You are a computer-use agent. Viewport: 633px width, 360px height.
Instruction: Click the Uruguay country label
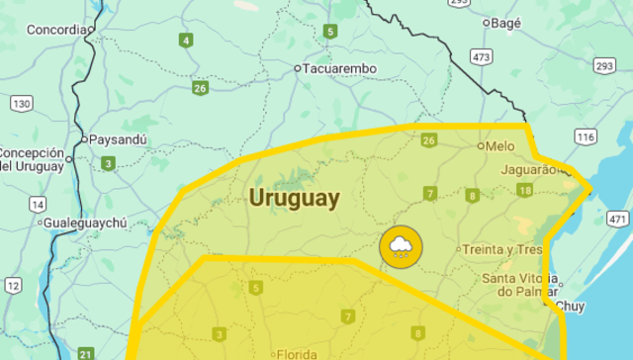pos(294,198)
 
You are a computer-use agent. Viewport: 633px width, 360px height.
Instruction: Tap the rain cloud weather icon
pos(401,247)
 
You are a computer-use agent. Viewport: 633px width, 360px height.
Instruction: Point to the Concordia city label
pos(56,30)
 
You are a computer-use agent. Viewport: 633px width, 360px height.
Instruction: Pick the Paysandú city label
pos(118,139)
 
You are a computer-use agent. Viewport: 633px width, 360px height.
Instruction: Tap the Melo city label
pos(500,145)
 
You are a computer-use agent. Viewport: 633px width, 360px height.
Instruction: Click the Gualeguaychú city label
pos(84,224)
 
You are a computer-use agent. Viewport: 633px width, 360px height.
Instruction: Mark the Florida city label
pos(297,353)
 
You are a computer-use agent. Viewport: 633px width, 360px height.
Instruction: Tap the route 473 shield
pos(482,58)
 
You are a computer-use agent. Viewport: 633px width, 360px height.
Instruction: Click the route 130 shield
pos(21,103)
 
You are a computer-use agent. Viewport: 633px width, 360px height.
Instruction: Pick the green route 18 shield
pos(524,190)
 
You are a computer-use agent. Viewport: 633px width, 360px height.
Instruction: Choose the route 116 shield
pos(587,136)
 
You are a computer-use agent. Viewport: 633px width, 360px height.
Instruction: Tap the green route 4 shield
pos(186,41)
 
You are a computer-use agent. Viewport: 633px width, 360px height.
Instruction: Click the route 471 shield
pos(618,219)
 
